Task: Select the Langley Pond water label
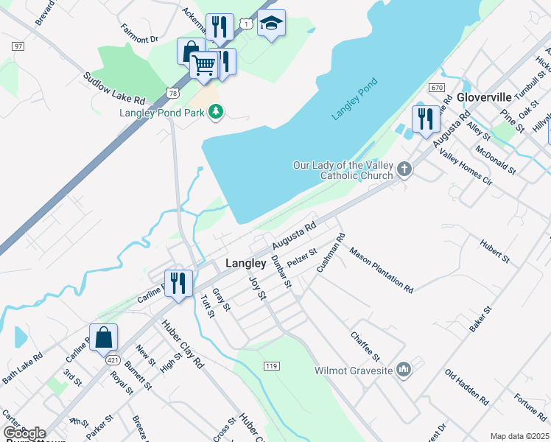(x=354, y=99)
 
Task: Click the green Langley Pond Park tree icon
(x=216, y=112)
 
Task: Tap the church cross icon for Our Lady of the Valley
(x=404, y=170)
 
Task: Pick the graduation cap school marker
(x=271, y=24)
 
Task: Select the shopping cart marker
(x=205, y=65)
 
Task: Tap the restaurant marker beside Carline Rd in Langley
(x=178, y=284)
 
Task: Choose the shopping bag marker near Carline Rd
(x=104, y=337)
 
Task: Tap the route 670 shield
(x=438, y=88)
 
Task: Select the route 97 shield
(x=17, y=46)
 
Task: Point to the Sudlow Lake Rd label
(x=114, y=88)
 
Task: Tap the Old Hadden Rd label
(x=467, y=387)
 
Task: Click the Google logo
(x=25, y=433)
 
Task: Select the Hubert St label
(x=494, y=250)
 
